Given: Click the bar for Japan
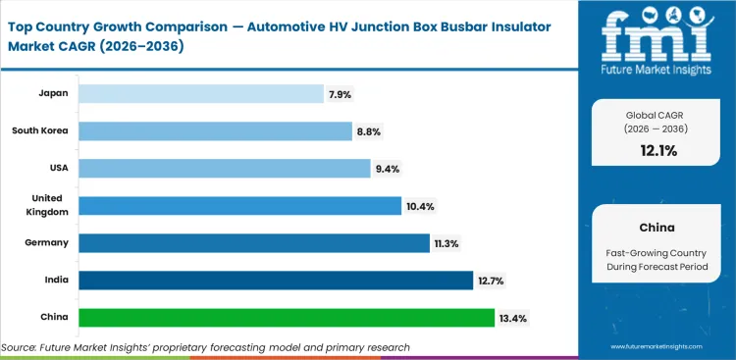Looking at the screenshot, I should tap(200, 93).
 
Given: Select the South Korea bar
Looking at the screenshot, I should tap(215, 130).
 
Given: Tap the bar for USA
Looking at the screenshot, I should tap(225, 168).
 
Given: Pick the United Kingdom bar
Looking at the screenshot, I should tap(240, 205).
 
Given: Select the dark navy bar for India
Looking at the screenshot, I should tap(276, 281).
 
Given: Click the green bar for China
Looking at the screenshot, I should tap(287, 318).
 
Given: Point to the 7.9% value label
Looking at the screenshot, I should tap(340, 93).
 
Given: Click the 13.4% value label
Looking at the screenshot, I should tap(515, 318).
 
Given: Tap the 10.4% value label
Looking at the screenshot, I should tap(420, 205).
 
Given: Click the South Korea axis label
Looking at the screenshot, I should tap(39, 130).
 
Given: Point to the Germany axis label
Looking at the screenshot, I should tap(46, 242).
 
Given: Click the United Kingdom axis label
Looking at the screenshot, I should tap(49, 205).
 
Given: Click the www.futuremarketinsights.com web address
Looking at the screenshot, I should tap(663, 347).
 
